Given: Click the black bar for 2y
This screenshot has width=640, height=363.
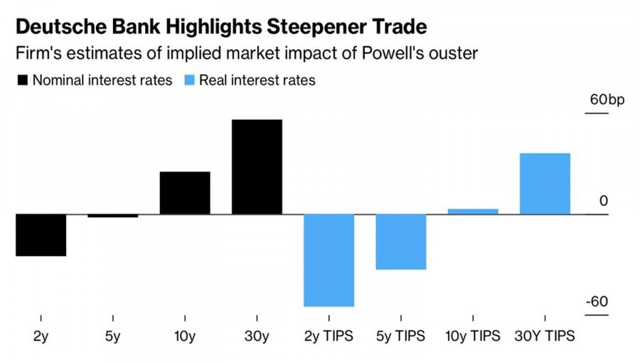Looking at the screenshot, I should tap(41, 235).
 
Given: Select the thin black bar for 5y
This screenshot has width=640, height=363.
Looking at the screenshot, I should tap(113, 216).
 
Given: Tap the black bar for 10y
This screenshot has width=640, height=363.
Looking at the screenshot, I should tap(185, 193).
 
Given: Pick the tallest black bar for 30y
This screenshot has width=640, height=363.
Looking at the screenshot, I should tap(257, 167).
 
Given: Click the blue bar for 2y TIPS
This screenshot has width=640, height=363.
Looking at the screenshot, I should tap(329, 260).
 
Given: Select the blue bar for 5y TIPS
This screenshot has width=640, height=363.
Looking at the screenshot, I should tap(401, 242).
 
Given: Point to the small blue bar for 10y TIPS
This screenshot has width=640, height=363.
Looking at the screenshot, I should tap(473, 211).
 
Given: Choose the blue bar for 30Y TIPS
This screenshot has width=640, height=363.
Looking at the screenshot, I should tap(545, 184).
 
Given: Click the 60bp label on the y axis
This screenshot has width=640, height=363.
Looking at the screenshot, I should tap(607, 100).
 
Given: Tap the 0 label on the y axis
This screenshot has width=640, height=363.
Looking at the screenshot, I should tap(604, 201).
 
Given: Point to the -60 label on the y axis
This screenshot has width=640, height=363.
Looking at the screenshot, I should tap(597, 302).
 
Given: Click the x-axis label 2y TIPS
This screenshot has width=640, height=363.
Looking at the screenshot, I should tap(329, 336).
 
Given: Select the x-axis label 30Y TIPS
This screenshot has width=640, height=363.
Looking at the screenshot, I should tap(545, 336).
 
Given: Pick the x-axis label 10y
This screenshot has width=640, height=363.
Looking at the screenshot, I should tap(185, 336).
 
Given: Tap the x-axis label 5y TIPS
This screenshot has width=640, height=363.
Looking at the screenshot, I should tap(401, 336).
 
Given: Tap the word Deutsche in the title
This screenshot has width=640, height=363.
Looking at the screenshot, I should tap(55, 27).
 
